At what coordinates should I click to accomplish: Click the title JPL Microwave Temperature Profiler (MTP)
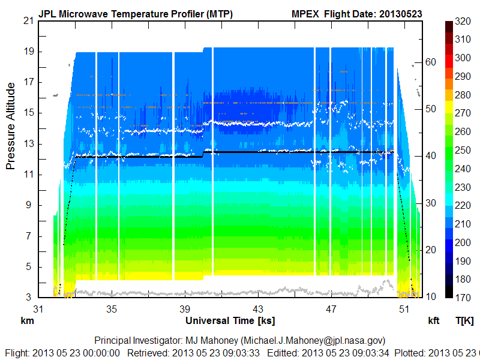[x=136, y=14]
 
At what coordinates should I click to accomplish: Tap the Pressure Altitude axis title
[x=11, y=126]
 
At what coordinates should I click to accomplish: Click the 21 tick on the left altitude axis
[x=28, y=20]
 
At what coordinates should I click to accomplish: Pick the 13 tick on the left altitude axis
[x=28, y=143]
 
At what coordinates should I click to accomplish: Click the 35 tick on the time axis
[x=112, y=309]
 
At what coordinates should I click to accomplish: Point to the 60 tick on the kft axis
[x=431, y=61]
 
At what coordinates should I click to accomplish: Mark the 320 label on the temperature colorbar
[x=463, y=21]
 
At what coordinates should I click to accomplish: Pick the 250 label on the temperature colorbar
[x=463, y=150]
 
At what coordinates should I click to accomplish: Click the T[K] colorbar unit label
[x=465, y=321]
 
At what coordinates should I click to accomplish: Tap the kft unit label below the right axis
[x=433, y=321]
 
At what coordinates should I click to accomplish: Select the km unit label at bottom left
[x=27, y=321]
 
